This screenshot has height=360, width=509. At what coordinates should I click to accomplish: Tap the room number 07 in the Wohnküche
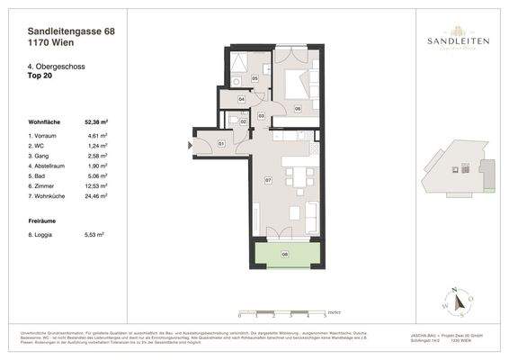[x=267, y=180]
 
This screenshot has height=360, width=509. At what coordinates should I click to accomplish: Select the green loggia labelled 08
[x=284, y=255]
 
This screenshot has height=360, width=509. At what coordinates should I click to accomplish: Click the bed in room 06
[x=296, y=85]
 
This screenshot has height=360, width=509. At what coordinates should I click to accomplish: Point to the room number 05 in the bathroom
[x=254, y=79]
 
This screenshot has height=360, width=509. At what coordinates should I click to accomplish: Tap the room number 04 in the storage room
[x=241, y=99]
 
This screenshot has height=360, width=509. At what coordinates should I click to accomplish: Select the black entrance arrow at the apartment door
[x=191, y=144]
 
